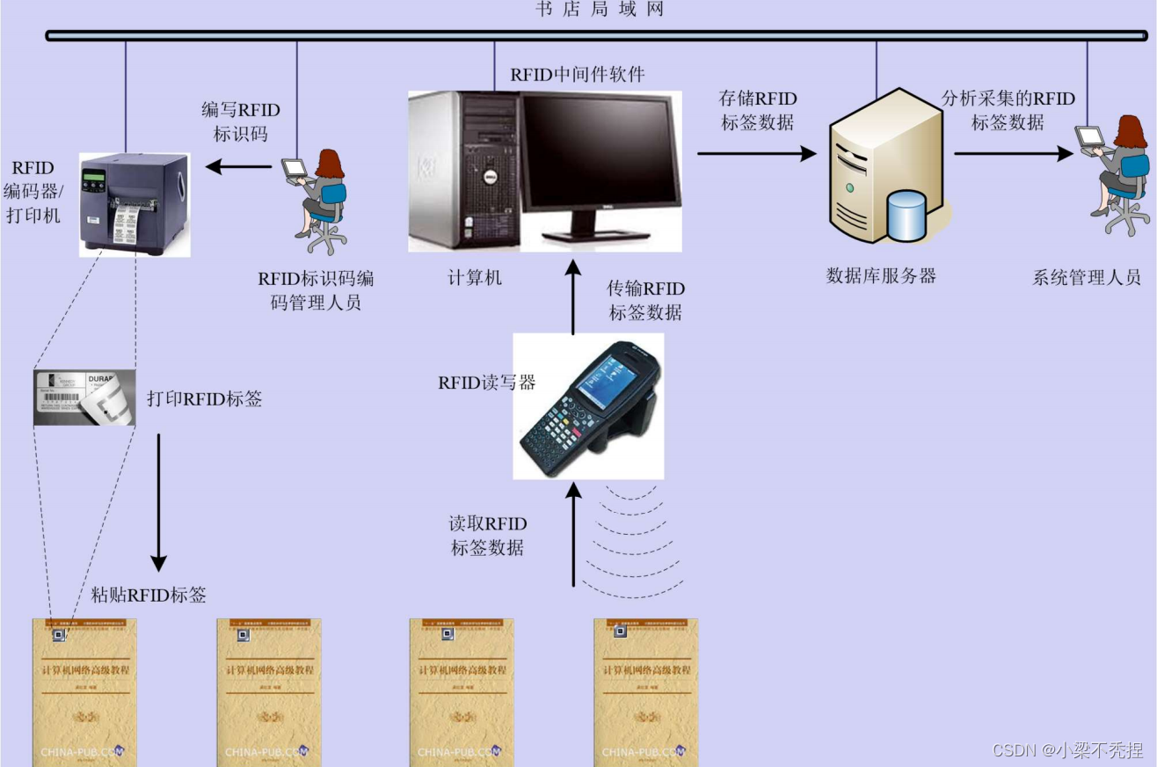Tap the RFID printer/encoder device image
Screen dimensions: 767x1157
tap(134, 204)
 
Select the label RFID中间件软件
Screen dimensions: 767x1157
tap(578, 75)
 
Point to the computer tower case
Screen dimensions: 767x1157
tap(462, 172)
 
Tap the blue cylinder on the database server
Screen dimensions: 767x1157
tap(906, 215)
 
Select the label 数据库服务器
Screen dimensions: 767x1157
tap(881, 276)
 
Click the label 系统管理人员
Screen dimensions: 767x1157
tap(1087, 278)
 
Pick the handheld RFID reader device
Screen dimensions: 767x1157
tap(588, 405)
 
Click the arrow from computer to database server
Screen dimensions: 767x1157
tap(757, 154)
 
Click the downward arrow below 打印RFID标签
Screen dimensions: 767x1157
tap(158, 500)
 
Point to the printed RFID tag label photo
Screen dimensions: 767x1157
tap(84, 398)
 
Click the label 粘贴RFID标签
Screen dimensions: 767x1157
tap(149, 595)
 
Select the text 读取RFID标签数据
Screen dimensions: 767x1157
tap(488, 536)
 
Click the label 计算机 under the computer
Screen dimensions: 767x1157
tap(475, 278)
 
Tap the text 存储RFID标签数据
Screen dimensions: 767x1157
tap(758, 111)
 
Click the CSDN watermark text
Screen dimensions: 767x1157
tap(1067, 750)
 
